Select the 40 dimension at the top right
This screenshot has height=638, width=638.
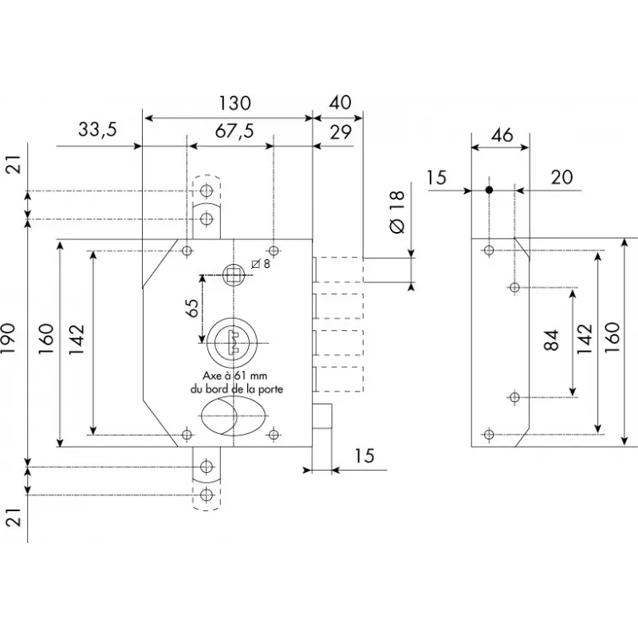tap(339, 103)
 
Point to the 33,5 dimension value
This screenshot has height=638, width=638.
tap(97, 130)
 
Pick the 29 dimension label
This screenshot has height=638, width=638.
tap(341, 132)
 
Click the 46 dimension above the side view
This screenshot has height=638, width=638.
tap(501, 135)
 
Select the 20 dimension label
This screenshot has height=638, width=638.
tap(562, 178)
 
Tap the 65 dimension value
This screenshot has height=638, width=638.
tap(192, 309)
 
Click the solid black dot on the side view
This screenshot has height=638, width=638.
tap(489, 190)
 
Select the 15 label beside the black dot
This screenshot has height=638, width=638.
tap(436, 178)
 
